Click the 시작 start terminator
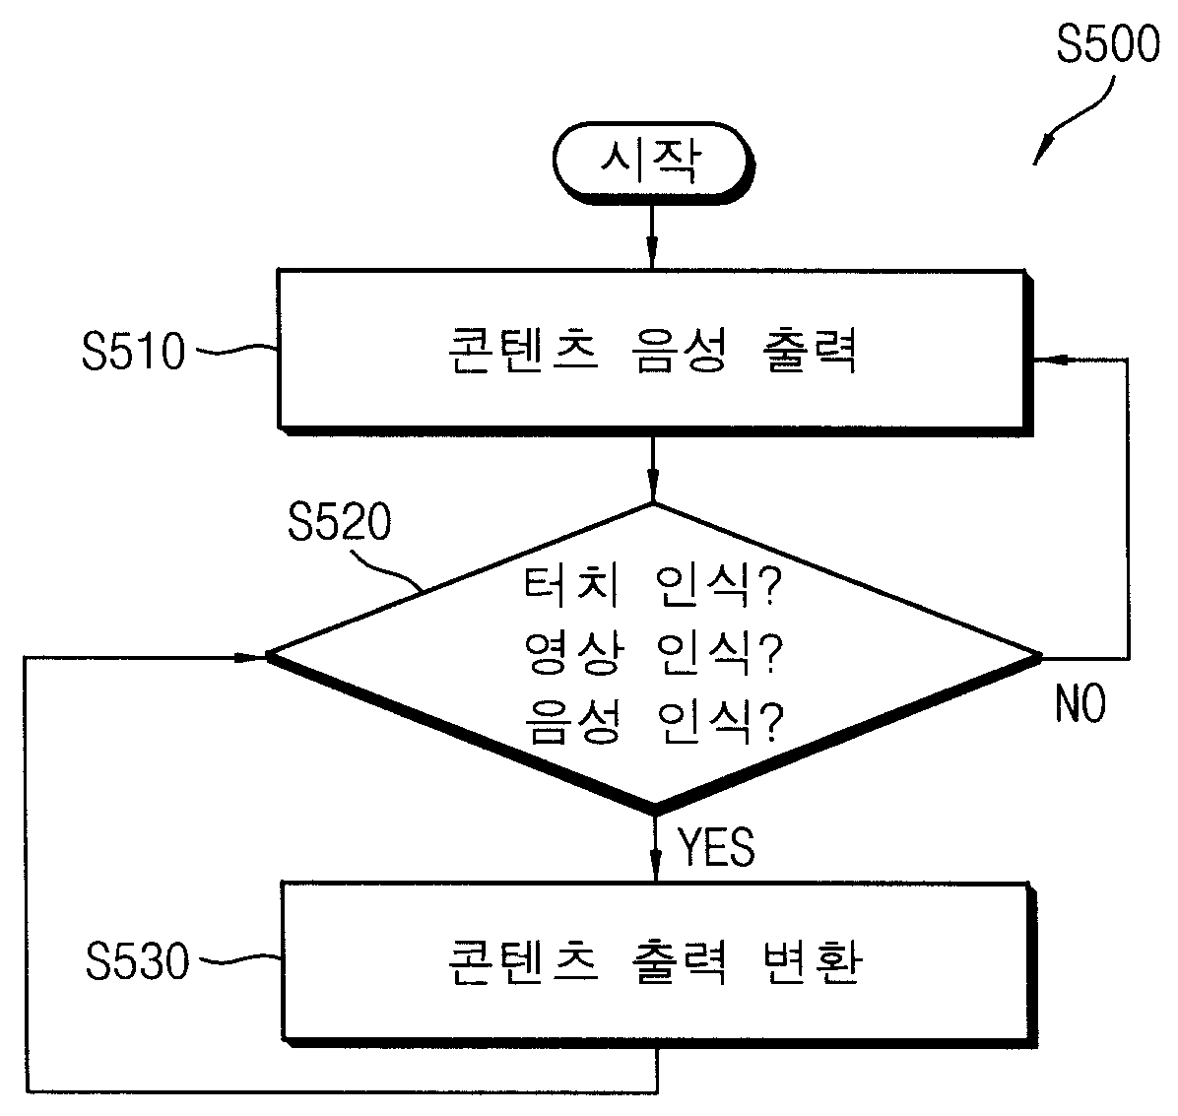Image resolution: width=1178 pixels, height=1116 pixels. point(652,163)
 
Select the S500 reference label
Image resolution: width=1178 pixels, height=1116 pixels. point(1107,43)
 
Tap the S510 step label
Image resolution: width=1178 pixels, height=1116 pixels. point(133,351)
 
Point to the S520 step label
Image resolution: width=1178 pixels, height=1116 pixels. point(340,521)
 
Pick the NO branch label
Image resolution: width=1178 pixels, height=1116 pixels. point(1080,704)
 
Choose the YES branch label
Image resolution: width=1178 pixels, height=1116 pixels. point(716,847)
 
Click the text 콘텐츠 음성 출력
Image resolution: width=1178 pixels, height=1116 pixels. point(652,351)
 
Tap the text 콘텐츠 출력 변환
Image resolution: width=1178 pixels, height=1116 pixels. point(654,961)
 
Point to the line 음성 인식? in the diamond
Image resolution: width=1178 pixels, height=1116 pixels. point(653,721)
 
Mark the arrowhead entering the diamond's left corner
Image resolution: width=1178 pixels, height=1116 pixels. point(252,657)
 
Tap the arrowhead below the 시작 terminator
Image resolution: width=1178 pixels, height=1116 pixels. point(652,253)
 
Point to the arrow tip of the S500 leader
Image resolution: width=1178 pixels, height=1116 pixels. point(1034,164)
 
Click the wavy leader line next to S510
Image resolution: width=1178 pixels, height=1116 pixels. point(236,349)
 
